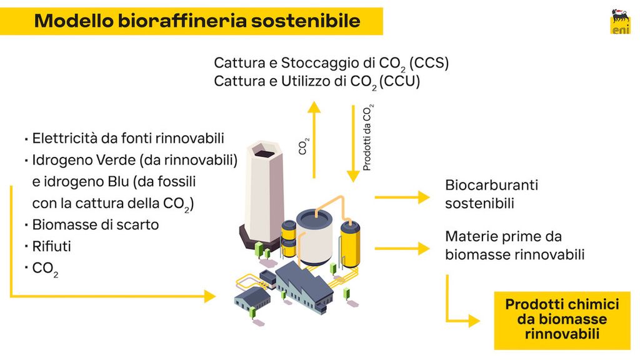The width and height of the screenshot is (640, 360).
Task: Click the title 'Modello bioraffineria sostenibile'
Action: pos(197,21)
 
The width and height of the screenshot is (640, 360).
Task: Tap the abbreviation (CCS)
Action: pos(429,63)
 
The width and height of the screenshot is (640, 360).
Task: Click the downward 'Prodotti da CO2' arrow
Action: pos(353,144)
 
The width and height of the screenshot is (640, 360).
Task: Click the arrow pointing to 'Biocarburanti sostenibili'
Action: pos(402,197)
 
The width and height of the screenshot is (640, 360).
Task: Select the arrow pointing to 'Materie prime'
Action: pos(402,248)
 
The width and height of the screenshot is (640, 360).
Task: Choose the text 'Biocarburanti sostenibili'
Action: pos(491,194)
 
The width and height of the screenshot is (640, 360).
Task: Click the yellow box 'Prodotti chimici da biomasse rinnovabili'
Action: pos(562,319)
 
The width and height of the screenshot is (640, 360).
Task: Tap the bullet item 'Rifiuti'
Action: pos(51,246)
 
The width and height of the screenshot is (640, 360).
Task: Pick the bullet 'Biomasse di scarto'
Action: pos(95,224)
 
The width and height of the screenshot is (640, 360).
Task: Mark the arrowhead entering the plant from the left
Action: pos(209,295)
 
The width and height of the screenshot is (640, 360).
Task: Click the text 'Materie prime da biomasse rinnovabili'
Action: pos(515,246)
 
